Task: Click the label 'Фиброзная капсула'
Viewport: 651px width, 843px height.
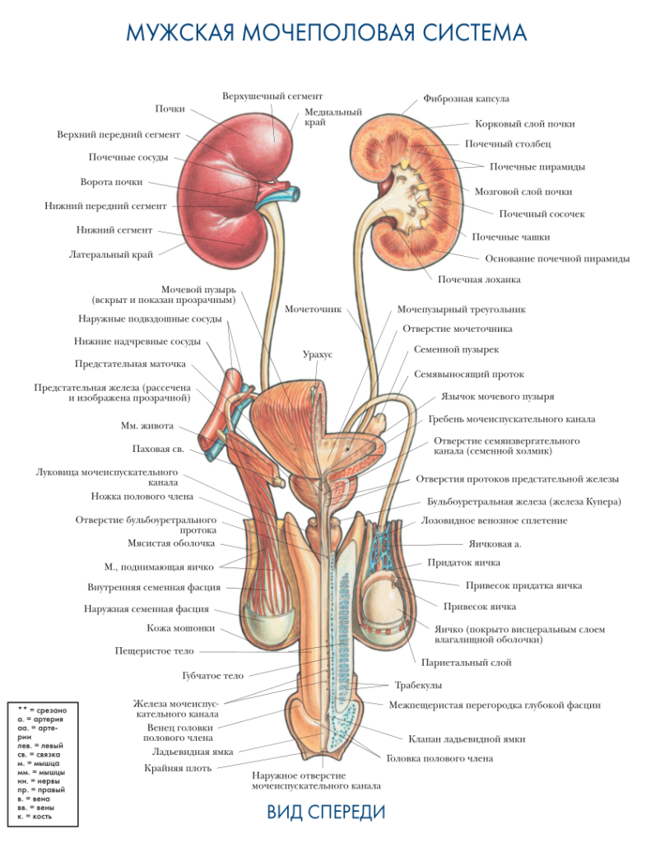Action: pos(466,99)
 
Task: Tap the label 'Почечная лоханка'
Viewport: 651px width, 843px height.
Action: pos(479,279)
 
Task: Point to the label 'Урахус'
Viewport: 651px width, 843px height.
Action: pos(317,354)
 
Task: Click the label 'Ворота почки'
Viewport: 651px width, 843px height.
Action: pos(111,182)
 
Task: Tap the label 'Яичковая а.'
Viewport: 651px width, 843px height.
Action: pos(495,543)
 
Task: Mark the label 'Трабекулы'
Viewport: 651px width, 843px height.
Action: pos(418,685)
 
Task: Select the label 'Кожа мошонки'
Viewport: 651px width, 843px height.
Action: pos(181,628)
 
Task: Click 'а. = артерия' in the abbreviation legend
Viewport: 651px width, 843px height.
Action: pos(40,719)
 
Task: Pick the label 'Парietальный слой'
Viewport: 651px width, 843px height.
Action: pos(467,662)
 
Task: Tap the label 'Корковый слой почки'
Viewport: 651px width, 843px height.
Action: pos(524,124)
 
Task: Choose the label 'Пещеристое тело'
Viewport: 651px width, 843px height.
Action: pos(155,650)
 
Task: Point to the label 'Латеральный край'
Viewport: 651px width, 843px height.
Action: pos(110,254)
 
